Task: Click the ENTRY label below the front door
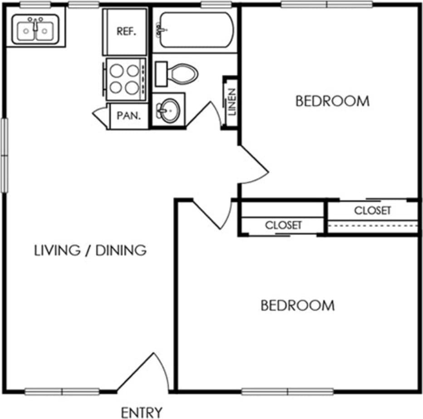[141, 413]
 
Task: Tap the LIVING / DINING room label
[90, 250]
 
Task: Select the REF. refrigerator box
[126, 32]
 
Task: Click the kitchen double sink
[35, 30]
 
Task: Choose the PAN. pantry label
[128, 116]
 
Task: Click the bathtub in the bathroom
[194, 30]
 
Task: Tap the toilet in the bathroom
[177, 73]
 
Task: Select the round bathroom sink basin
[167, 109]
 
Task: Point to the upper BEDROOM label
[332, 101]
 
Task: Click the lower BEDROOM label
[297, 305]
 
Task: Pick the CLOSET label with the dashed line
[372, 211]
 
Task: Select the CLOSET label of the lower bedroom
[283, 225]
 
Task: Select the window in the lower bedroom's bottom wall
[288, 391]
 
